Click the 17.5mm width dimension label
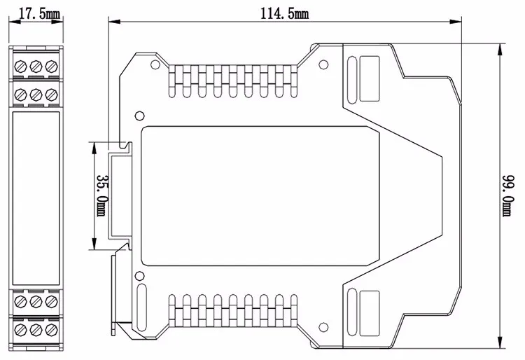click(x=35, y=13)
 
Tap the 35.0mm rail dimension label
click(x=102, y=195)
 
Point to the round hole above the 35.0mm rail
click(x=139, y=116)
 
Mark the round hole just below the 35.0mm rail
click(x=139, y=275)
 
